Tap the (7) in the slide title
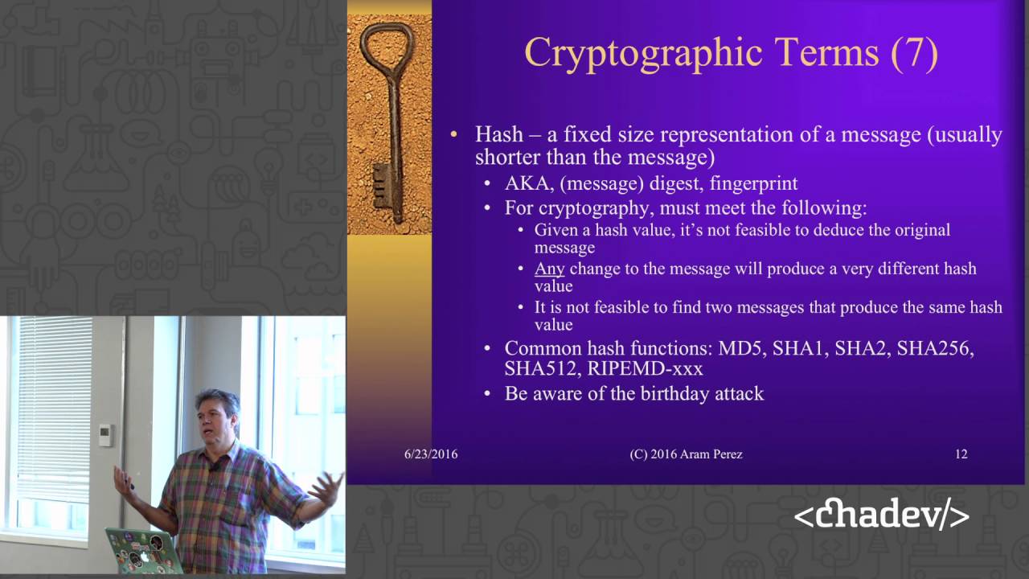coord(913,53)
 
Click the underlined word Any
coord(550,269)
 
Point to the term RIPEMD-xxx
coord(646,369)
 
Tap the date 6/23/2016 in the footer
coord(431,454)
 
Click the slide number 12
coord(961,454)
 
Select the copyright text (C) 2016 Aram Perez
coord(686,454)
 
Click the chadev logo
coord(881,516)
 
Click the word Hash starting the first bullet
coord(498,133)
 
